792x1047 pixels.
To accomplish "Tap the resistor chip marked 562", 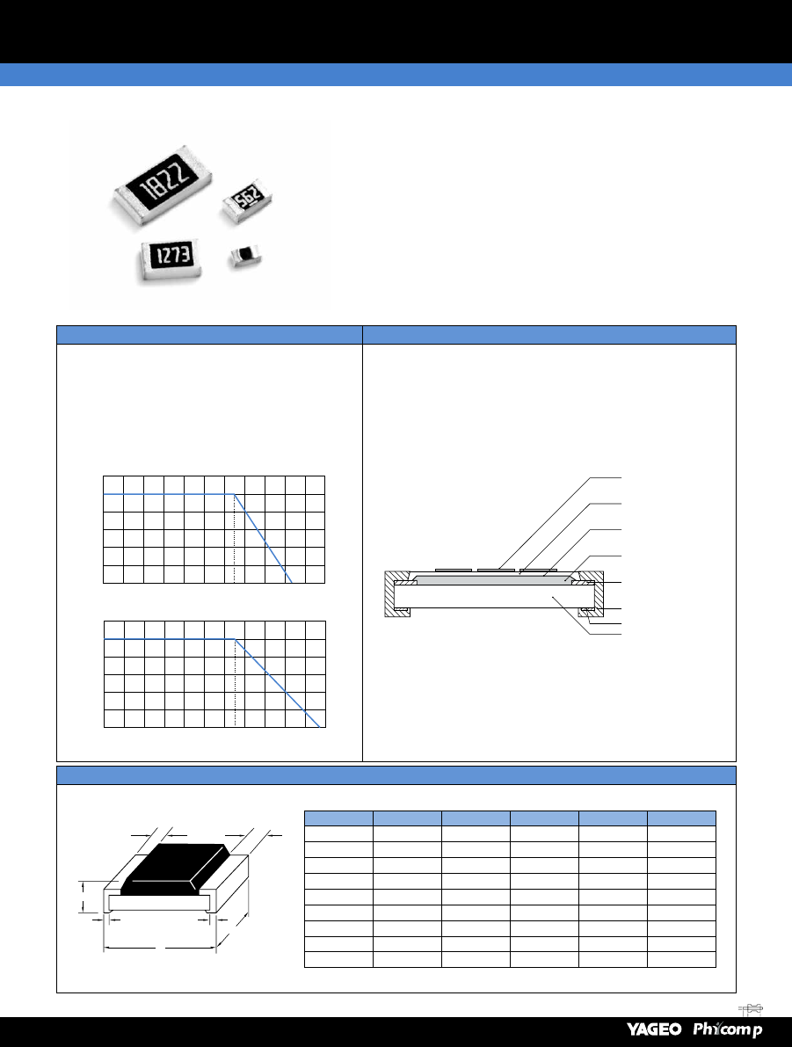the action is click(247, 199).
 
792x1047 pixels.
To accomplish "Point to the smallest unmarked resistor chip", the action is click(245, 257).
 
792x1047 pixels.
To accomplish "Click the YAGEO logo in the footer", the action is click(654, 1029).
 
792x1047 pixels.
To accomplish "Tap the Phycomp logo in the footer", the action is click(727, 1029).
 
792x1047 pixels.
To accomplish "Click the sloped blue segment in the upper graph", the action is click(263, 538).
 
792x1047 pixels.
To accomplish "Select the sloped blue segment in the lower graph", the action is click(277, 682).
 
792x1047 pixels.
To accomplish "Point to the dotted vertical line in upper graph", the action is click(235, 538).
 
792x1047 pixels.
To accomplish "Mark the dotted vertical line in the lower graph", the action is click(235, 682).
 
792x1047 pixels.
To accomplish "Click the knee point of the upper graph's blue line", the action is click(235, 494).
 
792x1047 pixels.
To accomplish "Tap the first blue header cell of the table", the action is click(338, 818).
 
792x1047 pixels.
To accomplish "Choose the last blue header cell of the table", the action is click(681, 818).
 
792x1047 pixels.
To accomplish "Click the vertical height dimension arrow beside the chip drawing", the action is click(83, 897).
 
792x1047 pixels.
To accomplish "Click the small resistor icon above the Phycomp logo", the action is click(751, 1009).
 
